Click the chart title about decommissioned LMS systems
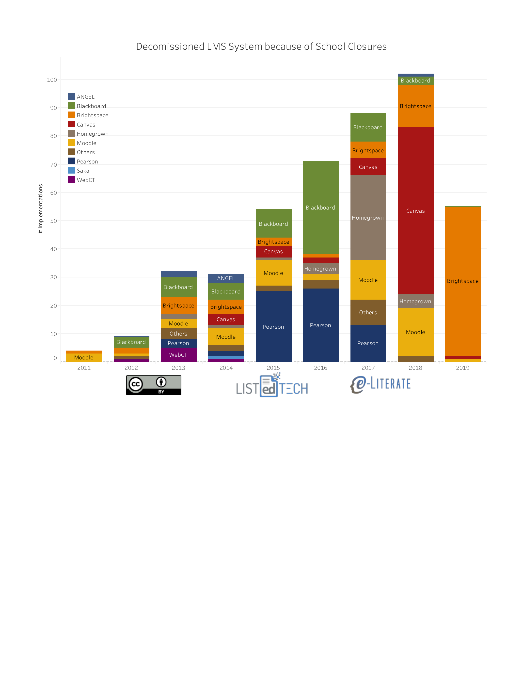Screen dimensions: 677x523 pyautogui.click(x=261, y=47)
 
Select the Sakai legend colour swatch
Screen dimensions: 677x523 pyautogui.click(x=71, y=171)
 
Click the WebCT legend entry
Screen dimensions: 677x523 pyautogui.click(x=85, y=180)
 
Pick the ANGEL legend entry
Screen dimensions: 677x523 pyautogui.click(x=85, y=97)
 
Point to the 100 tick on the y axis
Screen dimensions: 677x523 pyautogui.click(x=52, y=80)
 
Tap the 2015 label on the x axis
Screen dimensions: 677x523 pyautogui.click(x=273, y=368)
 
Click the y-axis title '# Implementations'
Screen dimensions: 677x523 pyautogui.click(x=41, y=209)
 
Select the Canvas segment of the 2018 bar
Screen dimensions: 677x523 pyautogui.click(x=415, y=211)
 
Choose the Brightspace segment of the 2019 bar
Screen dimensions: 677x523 pyautogui.click(x=463, y=281)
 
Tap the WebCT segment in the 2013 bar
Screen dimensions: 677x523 pyautogui.click(x=178, y=355)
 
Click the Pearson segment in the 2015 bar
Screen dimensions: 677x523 pyautogui.click(x=273, y=327)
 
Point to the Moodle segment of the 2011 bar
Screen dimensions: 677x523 pyautogui.click(x=84, y=357)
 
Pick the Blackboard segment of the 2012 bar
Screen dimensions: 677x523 pyautogui.click(x=131, y=342)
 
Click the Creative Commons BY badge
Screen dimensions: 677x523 pyautogui.click(x=154, y=385)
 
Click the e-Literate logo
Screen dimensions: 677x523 pyautogui.click(x=380, y=384)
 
